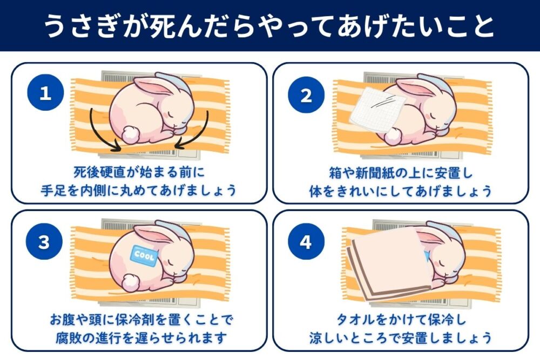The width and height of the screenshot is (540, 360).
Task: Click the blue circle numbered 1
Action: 45,94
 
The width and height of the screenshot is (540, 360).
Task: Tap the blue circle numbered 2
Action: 306,96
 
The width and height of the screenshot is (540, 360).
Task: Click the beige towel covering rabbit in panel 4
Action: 386,265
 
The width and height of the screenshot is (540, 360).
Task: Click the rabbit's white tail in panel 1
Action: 131,133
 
